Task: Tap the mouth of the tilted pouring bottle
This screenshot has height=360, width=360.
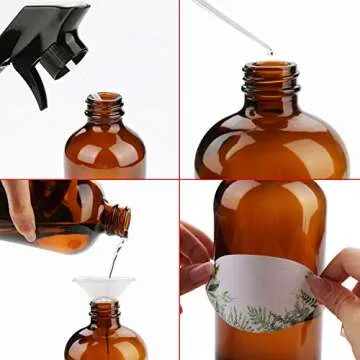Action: click(x=123, y=219)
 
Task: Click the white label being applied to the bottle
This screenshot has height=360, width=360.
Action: click(x=262, y=280)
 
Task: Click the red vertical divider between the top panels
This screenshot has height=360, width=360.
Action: click(x=181, y=90)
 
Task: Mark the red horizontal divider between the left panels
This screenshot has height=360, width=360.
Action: click(x=90, y=180)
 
